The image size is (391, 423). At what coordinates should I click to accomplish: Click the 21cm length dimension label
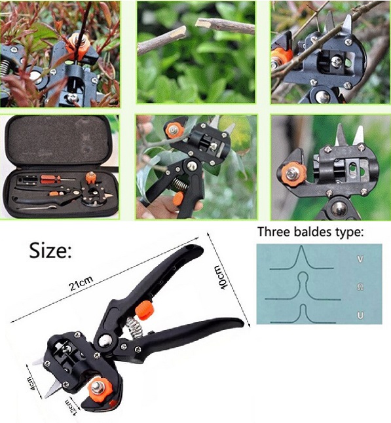click(81, 284)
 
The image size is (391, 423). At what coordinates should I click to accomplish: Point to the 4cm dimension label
click(31, 384)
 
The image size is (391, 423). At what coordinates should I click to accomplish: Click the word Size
click(50, 250)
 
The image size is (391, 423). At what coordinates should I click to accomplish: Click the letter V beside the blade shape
click(360, 259)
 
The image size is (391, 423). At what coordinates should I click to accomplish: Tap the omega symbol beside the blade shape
click(360, 287)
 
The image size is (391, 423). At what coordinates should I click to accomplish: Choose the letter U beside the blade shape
click(360, 316)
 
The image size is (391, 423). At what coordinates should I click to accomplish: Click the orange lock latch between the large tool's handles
click(145, 310)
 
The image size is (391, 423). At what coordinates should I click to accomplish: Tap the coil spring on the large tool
click(134, 327)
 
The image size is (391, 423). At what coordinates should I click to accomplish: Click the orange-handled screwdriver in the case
click(58, 178)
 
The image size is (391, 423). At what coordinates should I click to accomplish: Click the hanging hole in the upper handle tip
click(191, 248)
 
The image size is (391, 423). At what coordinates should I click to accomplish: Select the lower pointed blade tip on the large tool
click(46, 396)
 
